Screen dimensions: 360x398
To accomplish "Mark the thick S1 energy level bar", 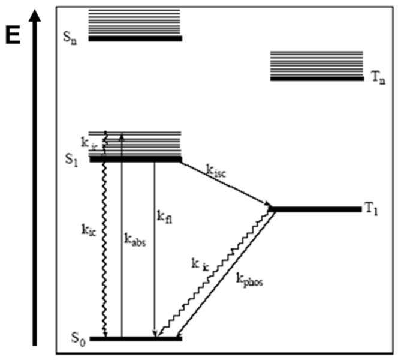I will click(x=135, y=159).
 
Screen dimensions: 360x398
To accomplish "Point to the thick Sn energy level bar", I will click(x=135, y=38).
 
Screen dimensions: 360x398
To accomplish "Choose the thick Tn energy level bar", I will click(x=317, y=78).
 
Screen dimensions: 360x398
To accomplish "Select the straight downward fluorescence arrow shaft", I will click(x=155, y=252).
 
